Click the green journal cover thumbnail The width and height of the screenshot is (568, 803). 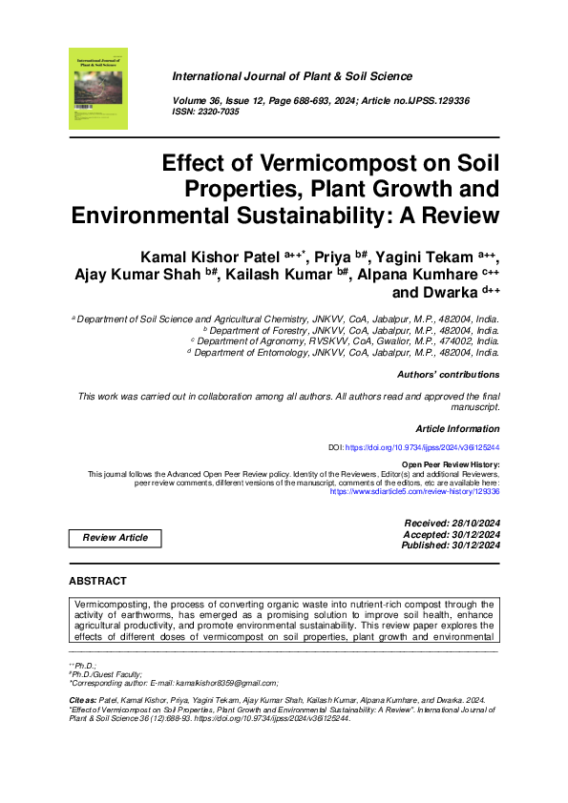click(98, 89)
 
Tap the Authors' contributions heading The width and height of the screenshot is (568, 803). click(448, 375)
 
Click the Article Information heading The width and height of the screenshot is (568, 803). click(457, 429)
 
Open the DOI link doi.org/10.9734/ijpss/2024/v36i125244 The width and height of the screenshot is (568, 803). click(421, 446)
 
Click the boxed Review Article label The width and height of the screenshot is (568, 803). click(116, 538)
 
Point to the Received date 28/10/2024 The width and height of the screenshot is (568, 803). click(468, 524)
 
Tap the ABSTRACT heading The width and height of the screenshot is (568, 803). click(97, 581)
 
